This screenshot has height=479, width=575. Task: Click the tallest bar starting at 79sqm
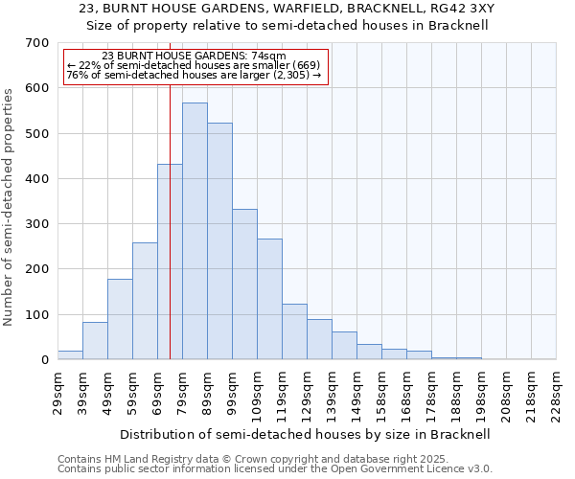pyautogui.click(x=195, y=231)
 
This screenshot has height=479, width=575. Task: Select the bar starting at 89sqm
pyautogui.click(x=219, y=241)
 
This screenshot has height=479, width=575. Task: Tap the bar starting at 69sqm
pyautogui.click(x=170, y=262)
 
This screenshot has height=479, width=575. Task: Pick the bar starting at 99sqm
pyautogui.click(x=244, y=285)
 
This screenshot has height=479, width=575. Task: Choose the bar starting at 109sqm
pyautogui.click(x=269, y=299)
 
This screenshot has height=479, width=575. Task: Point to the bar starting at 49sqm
pyautogui.click(x=120, y=319)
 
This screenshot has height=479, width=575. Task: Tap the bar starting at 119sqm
pyautogui.click(x=294, y=331)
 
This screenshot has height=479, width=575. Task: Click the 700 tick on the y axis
pyautogui.click(x=37, y=43)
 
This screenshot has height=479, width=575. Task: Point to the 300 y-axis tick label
pyautogui.click(x=37, y=224)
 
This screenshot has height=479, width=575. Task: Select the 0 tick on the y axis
pyautogui.click(x=44, y=360)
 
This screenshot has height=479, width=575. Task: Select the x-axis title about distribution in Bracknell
pyautogui.click(x=307, y=434)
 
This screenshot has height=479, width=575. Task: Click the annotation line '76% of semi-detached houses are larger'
pyautogui.click(x=195, y=76)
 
